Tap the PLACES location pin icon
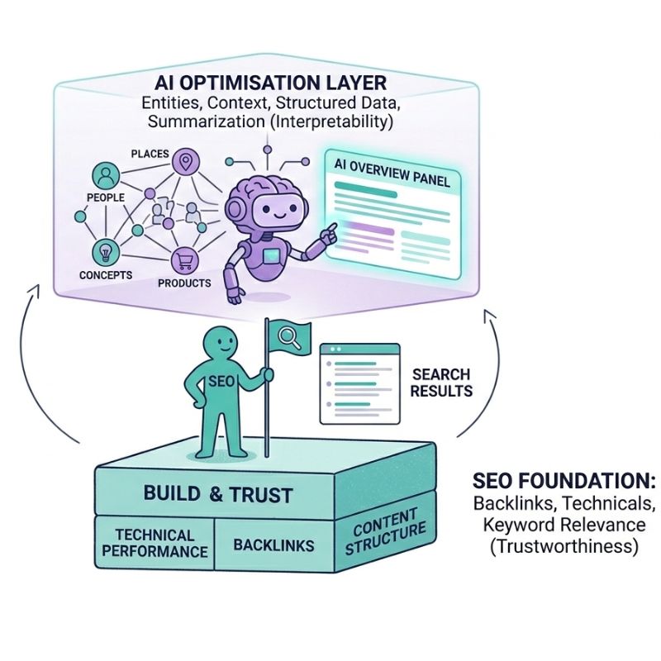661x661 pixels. click(186, 162)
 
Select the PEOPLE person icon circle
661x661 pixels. click(106, 175)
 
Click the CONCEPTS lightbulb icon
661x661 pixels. click(105, 250)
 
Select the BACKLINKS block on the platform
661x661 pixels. click(273, 544)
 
